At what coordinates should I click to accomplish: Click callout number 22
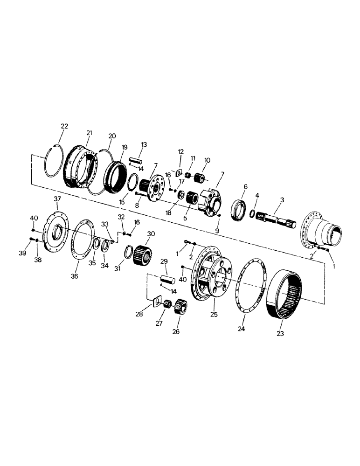(64, 126)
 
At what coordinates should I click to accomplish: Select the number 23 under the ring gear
(281, 333)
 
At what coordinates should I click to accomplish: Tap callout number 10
(207, 160)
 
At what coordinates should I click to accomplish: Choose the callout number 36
(75, 276)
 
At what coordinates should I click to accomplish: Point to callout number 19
(125, 147)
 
